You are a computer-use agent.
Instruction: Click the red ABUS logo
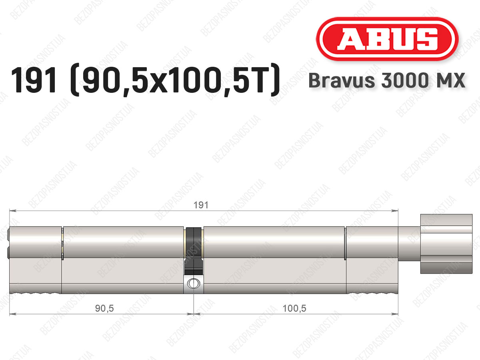coord(387,39)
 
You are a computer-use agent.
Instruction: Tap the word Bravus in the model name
coord(342,80)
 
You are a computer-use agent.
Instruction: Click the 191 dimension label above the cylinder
coord(201,205)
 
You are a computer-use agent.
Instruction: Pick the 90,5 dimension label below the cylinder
coord(104,308)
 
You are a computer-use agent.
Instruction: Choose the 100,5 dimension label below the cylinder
coord(294,308)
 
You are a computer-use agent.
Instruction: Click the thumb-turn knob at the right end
coord(446,244)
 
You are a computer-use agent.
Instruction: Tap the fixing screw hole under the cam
coord(194,284)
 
